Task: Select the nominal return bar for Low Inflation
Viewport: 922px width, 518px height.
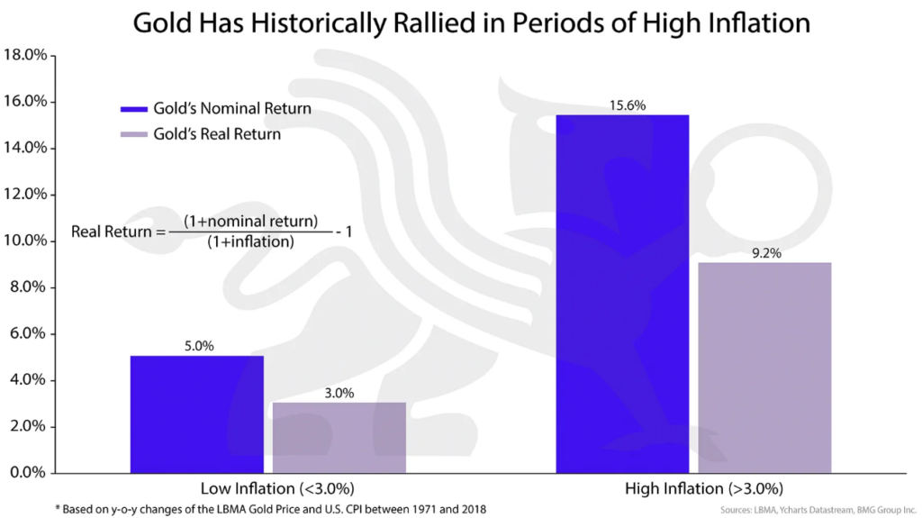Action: pos(197,414)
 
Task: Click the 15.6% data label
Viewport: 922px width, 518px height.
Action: pos(623,105)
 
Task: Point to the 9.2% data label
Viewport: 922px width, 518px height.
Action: pos(765,253)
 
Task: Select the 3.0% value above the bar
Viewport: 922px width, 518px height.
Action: pos(339,393)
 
